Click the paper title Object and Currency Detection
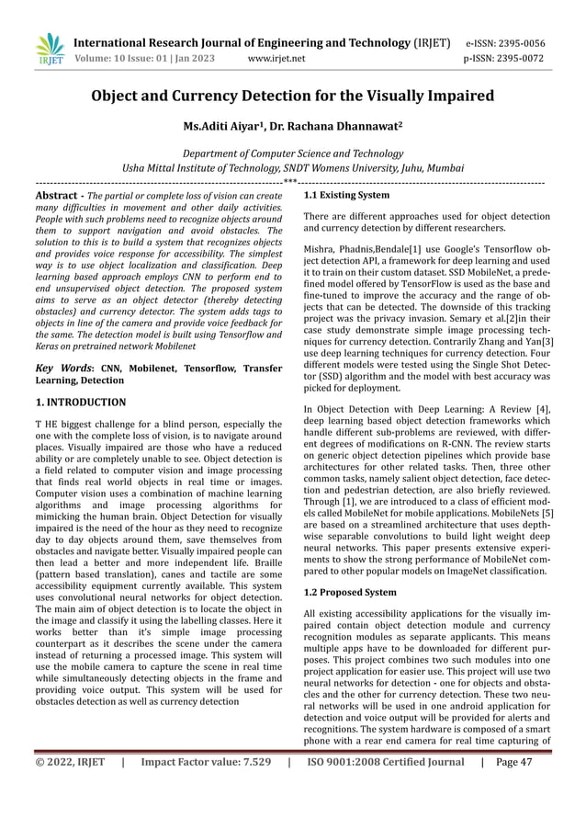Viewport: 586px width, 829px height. click(292, 97)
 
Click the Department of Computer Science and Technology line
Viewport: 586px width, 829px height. click(292, 153)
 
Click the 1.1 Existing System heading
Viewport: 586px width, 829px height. click(346, 196)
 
